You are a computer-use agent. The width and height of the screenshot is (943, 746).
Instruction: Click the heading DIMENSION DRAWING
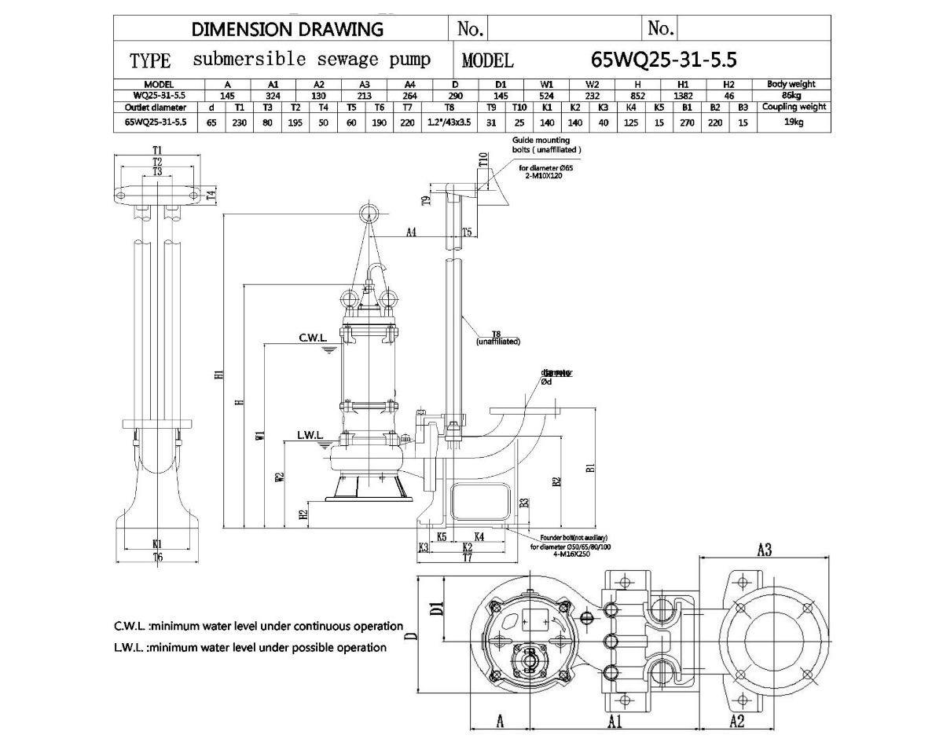point(288,30)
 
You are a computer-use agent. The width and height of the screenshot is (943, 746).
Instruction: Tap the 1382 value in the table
point(684,96)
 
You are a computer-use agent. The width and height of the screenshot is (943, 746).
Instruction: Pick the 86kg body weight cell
point(792,96)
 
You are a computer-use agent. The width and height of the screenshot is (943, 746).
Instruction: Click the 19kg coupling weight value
point(792,122)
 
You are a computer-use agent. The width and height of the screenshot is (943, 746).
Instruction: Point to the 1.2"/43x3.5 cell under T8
point(449,122)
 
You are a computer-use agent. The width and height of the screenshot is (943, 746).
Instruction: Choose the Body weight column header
point(791,84)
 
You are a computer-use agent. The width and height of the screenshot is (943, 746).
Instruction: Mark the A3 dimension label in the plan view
point(763,550)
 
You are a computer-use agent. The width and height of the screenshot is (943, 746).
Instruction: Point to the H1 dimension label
point(219,378)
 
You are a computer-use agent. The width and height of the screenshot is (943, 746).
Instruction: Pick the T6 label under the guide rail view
point(157,558)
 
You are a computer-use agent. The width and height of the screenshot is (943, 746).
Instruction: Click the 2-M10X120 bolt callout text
point(541,176)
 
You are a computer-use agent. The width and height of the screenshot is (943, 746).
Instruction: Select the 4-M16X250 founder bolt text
point(560,554)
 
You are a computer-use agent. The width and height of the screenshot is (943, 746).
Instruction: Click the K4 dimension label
point(479,536)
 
